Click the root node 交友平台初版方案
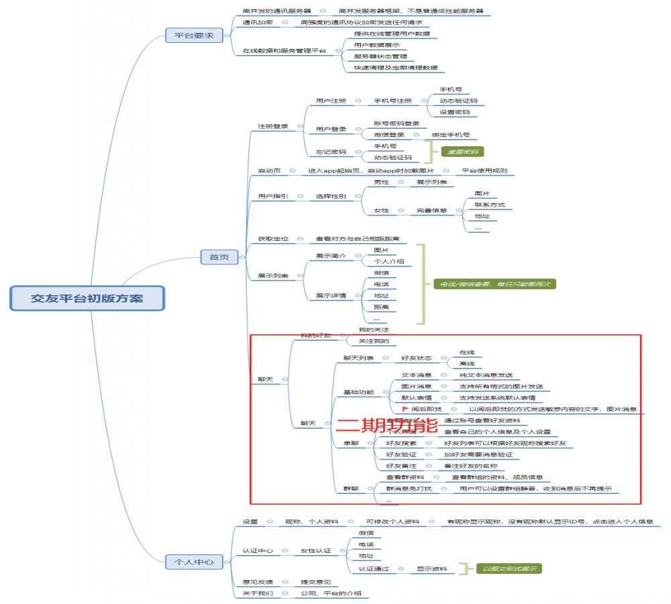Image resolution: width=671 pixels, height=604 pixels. coord(87,298)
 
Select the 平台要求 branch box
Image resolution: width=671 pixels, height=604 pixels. coord(194,36)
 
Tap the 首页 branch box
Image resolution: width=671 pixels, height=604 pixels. coord(219,256)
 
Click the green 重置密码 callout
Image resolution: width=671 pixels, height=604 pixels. coord(462,152)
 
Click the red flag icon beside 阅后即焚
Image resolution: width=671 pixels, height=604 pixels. coord(405,409)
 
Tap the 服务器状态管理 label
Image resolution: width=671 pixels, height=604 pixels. coord(380,56)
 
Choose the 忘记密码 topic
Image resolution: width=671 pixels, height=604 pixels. coord(331,151)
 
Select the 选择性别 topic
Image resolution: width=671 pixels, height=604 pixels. coord(331,196)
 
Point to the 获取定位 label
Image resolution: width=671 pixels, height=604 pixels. coord(273,238)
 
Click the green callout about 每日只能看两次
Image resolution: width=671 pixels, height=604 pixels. coord(493,284)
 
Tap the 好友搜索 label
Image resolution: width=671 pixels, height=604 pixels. coord(401,443)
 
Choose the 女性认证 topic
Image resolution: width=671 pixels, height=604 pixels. coord(315,550)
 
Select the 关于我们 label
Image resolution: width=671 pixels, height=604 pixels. coord(258,593)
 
